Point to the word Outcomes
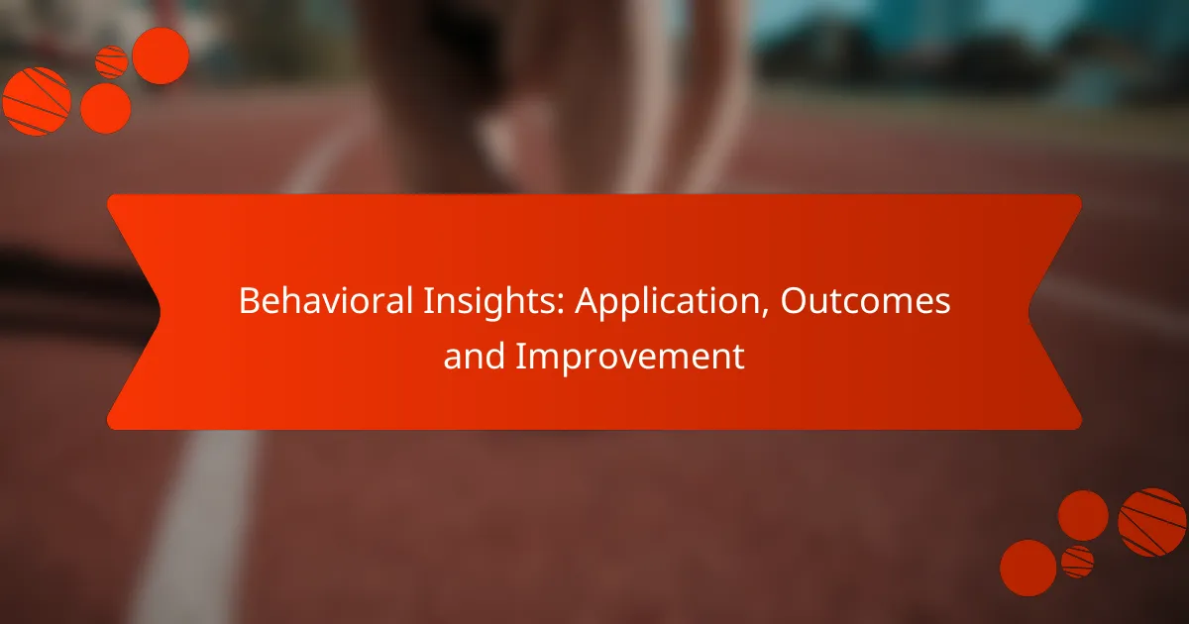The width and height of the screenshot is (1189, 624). (x=865, y=303)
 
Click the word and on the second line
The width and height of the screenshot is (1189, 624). (x=472, y=357)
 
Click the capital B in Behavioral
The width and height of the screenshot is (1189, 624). (x=247, y=303)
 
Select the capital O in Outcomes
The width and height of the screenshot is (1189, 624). (x=794, y=303)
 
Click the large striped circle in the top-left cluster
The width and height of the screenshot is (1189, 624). (x=36, y=101)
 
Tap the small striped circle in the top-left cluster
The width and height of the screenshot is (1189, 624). (x=111, y=62)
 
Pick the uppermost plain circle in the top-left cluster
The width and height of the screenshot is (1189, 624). (x=161, y=55)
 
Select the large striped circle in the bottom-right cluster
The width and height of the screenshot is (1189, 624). (x=1152, y=522)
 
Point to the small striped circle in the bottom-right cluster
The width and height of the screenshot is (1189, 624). (x=1077, y=562)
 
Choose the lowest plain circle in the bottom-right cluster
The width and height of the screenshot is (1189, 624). (x=1027, y=568)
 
